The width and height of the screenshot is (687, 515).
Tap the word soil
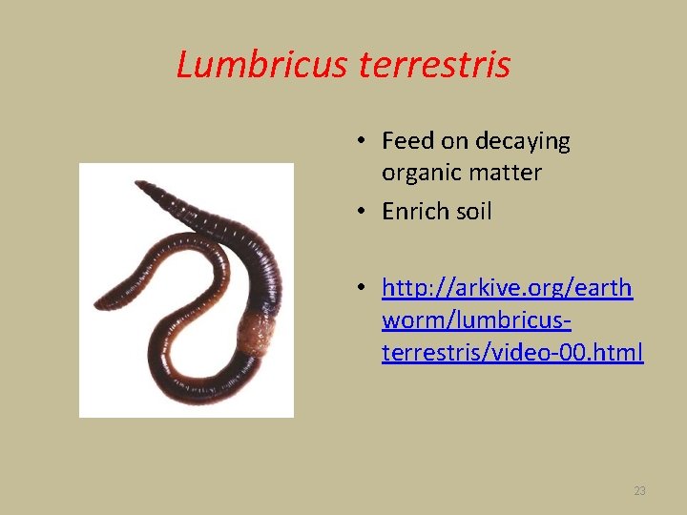click(474, 211)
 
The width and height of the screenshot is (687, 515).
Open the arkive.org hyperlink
click(507, 287)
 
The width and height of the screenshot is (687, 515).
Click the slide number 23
click(639, 491)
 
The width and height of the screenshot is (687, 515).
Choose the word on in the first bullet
click(450, 141)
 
